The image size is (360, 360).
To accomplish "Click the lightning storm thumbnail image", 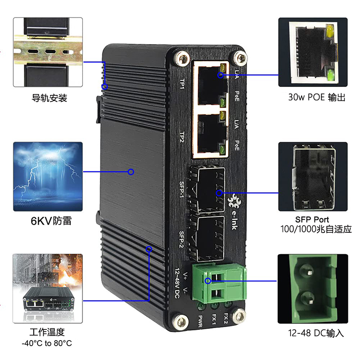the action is [x=48, y=176].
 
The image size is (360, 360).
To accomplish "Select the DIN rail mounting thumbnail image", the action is [x=48, y=52].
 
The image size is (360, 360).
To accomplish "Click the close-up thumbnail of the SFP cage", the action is [x=313, y=176].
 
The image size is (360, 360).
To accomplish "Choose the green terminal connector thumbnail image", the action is [x=313, y=288].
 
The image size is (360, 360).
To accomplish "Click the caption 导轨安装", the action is [x=49, y=98].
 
